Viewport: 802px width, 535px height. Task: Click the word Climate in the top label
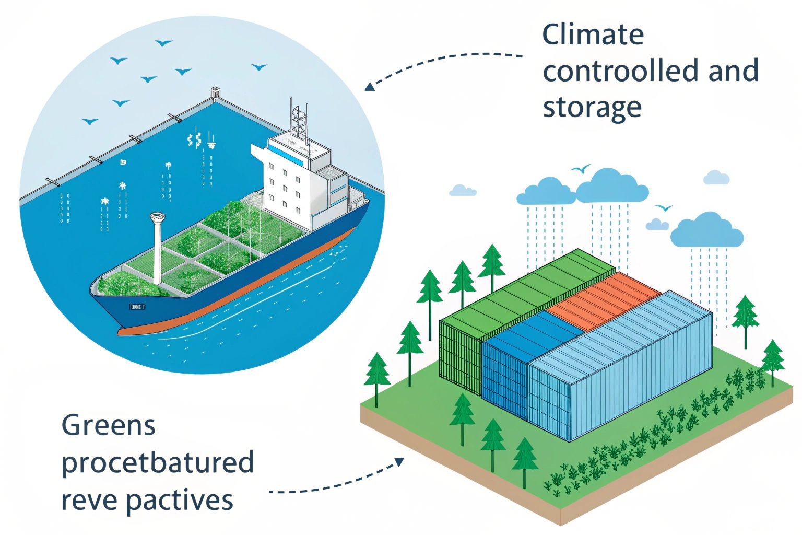coord(593,35)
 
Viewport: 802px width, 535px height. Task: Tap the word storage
coord(592,108)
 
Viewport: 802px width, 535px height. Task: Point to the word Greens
coord(108,425)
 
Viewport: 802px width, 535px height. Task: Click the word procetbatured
coord(157,463)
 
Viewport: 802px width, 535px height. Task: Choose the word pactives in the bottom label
coord(179,500)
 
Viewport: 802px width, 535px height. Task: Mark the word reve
coord(88,500)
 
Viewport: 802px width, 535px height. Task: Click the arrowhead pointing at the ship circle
coord(369,86)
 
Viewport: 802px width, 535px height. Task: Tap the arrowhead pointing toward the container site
coord(399,461)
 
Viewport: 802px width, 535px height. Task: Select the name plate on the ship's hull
coord(137,307)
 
